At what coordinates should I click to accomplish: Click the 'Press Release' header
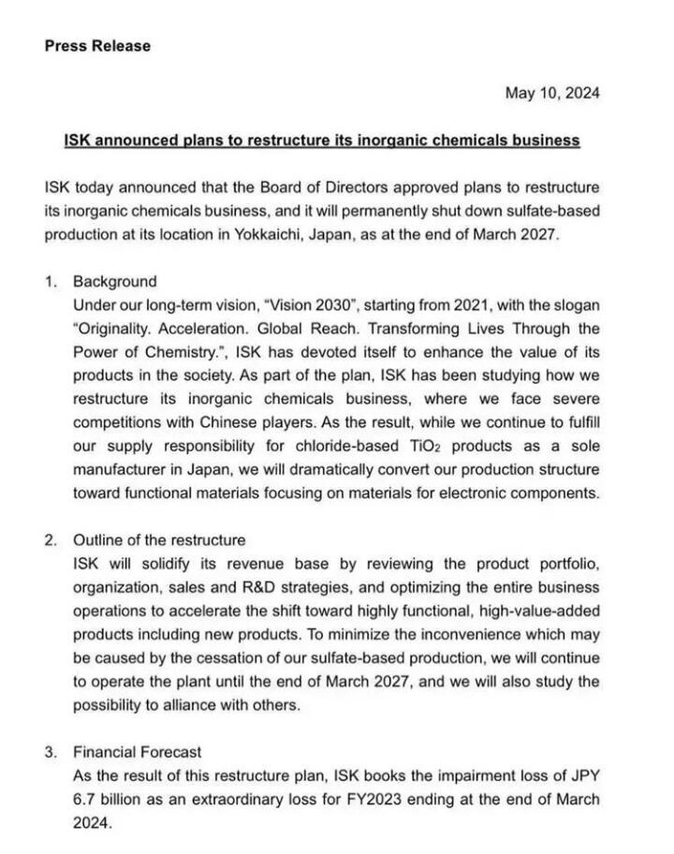click(97, 45)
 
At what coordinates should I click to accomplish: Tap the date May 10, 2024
click(552, 93)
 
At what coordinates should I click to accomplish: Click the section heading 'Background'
click(115, 281)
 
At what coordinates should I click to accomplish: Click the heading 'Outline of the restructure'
click(159, 540)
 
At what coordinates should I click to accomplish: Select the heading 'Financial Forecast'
click(137, 752)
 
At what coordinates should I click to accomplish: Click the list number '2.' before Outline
click(51, 540)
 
